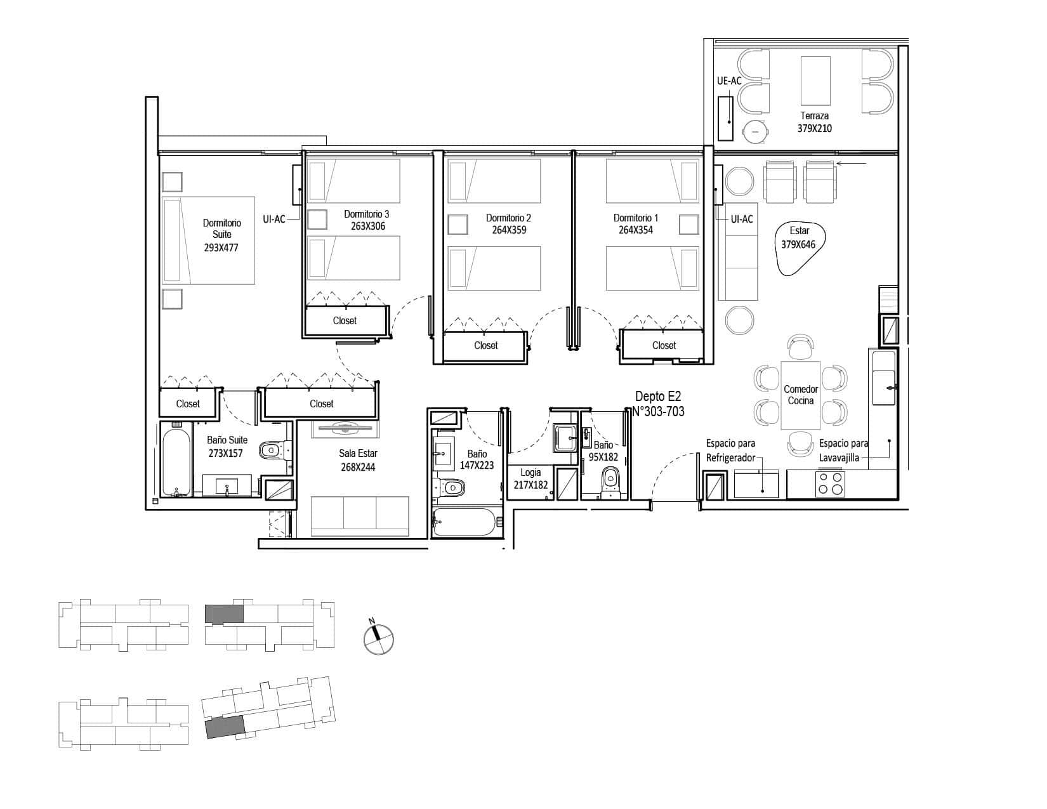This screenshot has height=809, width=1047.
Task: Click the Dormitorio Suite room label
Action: click(x=221, y=229)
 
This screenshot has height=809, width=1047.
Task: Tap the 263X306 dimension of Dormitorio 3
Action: click(x=367, y=227)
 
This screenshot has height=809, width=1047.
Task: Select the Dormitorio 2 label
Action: click(x=508, y=218)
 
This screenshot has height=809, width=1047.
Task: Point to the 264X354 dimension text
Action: click(x=636, y=230)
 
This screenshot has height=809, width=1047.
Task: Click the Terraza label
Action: click(x=814, y=115)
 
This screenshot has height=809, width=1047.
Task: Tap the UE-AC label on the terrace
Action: click(x=728, y=81)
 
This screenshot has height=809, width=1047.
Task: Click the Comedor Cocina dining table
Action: click(x=800, y=395)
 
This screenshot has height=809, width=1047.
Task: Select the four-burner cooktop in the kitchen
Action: click(x=830, y=483)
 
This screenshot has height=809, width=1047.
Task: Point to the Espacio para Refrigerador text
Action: click(x=730, y=451)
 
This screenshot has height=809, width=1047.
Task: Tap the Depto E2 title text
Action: click(x=657, y=397)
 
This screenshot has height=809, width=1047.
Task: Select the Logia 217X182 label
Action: click(x=530, y=478)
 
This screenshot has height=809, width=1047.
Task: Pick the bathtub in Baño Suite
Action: click(x=176, y=462)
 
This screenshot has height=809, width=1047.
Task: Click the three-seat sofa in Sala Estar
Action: click(x=360, y=516)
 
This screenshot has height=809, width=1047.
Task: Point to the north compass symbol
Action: click(x=378, y=638)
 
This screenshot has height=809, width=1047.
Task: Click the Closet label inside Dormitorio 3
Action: click(x=345, y=320)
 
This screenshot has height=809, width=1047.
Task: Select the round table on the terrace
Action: click(x=755, y=131)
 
